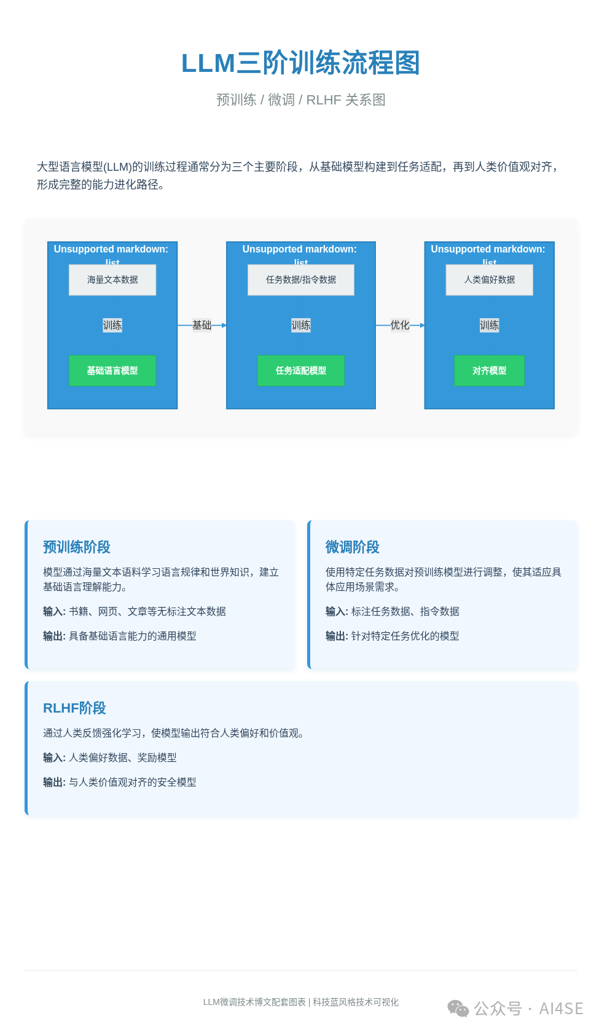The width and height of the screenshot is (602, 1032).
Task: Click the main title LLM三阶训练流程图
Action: [x=300, y=63]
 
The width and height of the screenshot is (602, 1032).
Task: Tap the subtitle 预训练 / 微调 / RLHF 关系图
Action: [x=300, y=100]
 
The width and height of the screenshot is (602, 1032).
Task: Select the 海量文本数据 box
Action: [x=112, y=280]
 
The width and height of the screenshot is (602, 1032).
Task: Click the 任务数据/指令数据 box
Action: [x=301, y=280]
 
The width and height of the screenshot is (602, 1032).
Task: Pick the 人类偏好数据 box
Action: [x=490, y=280]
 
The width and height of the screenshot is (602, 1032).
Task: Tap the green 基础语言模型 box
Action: [x=112, y=370]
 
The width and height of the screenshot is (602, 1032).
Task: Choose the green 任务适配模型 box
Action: [x=301, y=370]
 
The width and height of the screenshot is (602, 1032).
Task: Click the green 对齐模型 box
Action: [x=490, y=370]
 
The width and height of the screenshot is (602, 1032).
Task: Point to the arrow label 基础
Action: [x=201, y=325]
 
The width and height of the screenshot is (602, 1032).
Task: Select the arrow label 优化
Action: [x=400, y=325]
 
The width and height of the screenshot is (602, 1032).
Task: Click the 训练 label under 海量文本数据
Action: [x=112, y=325]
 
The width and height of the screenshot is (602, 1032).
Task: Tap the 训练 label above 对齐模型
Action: [x=490, y=325]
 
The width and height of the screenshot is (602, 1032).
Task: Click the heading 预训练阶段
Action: [x=77, y=547]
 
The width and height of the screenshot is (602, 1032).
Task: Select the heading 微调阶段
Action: [x=353, y=547]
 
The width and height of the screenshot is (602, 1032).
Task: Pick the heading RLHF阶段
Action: [x=74, y=708]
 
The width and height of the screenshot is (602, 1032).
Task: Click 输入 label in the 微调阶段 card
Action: [x=336, y=611]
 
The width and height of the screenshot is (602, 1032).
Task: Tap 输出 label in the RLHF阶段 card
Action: [x=53, y=782]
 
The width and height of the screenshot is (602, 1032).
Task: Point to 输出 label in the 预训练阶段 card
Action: [x=53, y=636]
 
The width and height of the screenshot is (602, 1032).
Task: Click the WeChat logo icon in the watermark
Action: [x=458, y=1008]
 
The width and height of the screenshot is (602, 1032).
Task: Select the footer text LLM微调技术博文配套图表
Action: [x=254, y=1002]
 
